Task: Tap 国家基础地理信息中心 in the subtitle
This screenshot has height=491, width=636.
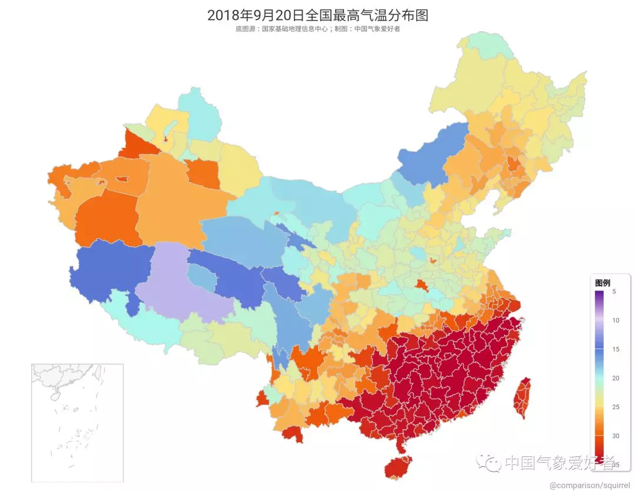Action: pyautogui.click(x=293, y=29)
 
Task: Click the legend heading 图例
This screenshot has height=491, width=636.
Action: pyautogui.click(x=602, y=283)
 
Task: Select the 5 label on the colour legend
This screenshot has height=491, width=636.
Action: pyautogui.click(x=614, y=292)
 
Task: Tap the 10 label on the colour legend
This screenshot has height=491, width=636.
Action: pyautogui.click(x=615, y=320)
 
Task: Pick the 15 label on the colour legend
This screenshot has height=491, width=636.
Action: pyautogui.click(x=615, y=349)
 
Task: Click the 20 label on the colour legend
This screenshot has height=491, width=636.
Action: pyautogui.click(x=615, y=378)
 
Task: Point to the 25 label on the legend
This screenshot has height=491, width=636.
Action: pyautogui.click(x=615, y=407)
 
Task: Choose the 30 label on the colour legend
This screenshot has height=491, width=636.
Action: pyautogui.click(x=615, y=436)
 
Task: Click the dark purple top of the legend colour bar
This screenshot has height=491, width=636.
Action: pyautogui.click(x=599, y=294)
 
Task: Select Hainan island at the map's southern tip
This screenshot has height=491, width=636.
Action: pyautogui.click(x=398, y=467)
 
